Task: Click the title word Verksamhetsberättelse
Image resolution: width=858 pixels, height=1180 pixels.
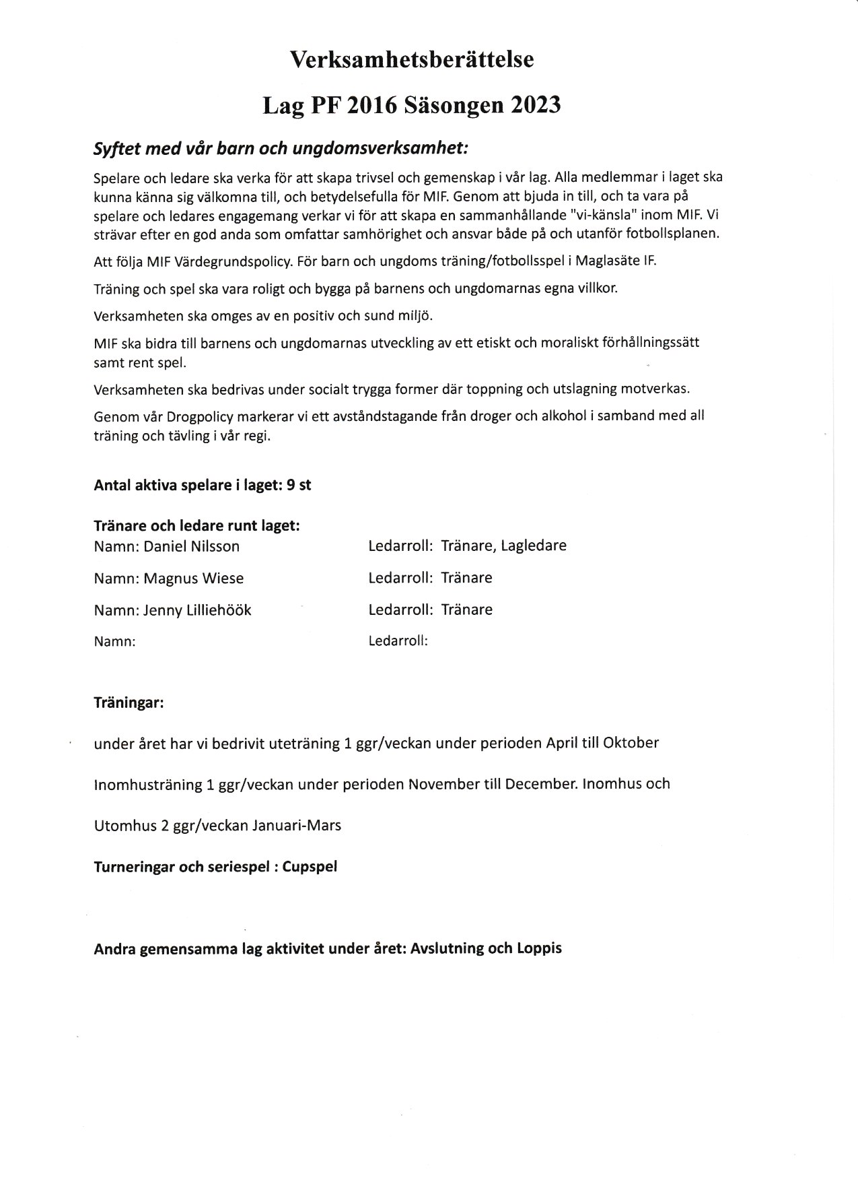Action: click(x=412, y=60)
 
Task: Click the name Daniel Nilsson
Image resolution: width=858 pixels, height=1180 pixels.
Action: click(x=192, y=546)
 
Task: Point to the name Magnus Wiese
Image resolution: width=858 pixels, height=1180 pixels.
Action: click(x=194, y=578)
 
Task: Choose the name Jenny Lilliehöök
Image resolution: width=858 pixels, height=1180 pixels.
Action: click(x=196, y=610)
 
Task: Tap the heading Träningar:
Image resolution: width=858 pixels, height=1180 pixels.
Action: click(x=129, y=703)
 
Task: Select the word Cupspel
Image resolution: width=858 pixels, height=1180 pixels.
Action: click(x=310, y=866)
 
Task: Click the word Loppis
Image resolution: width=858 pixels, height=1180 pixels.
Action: click(x=538, y=948)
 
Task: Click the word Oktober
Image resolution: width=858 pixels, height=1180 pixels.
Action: click(x=631, y=743)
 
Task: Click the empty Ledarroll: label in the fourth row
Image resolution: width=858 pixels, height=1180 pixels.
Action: click(x=398, y=641)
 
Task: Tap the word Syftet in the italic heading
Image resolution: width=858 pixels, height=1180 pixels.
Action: click(x=115, y=150)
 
